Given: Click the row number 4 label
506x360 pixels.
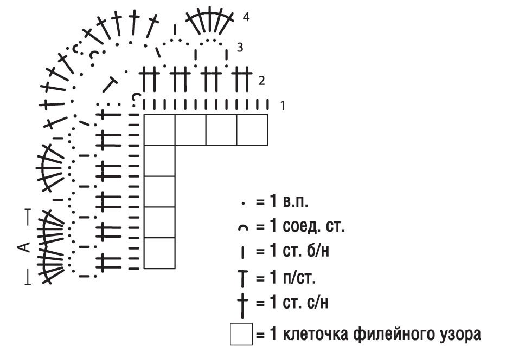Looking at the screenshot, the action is point(246,17).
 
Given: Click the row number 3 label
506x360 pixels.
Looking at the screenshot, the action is point(240,48).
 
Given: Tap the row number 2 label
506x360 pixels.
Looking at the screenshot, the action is point(261,81).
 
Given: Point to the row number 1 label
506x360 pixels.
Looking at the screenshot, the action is point(283,106).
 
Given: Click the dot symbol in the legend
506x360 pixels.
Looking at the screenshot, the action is point(243,203).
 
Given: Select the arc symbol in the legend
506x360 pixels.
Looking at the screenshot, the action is point(244,228).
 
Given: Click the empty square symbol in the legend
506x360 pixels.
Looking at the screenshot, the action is point(241,334).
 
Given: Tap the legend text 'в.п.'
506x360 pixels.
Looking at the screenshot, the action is point(296,202).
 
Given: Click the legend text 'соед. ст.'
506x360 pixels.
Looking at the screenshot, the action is point(313,226).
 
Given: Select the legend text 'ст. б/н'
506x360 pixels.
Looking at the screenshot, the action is point(306,250).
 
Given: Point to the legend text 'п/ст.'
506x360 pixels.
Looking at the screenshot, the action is point(299,278).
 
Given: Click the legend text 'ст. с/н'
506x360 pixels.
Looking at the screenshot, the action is point(305,302).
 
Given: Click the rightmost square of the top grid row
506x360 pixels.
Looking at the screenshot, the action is point(252,130).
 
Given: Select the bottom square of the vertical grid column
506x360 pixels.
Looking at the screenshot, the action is point(159,253).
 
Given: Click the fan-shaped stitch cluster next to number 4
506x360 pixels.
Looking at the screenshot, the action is point(210,20).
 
